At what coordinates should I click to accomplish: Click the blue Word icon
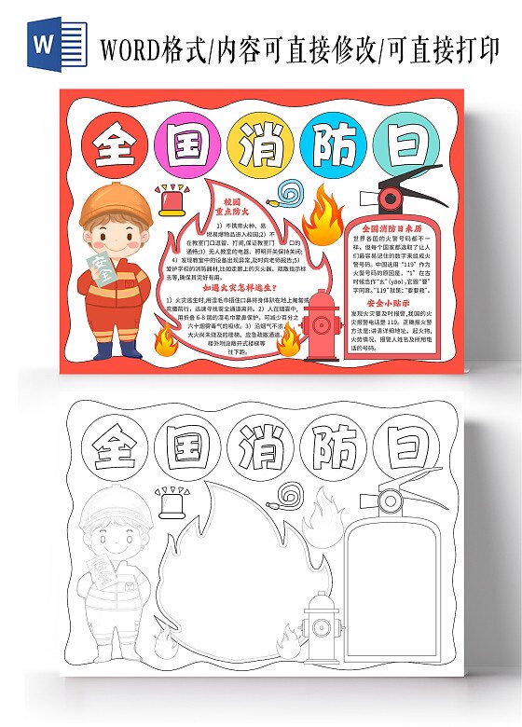46,46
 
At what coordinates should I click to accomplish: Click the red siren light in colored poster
172,200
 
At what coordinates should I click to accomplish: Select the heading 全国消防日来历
391,228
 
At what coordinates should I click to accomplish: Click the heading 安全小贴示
389,304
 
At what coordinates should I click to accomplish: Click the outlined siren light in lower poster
172,503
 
